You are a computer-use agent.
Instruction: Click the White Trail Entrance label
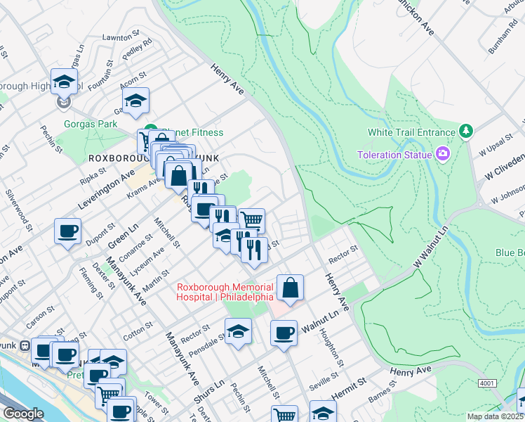(411, 132)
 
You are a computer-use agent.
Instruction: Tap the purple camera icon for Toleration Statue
(443, 153)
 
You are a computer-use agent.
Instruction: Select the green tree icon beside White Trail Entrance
(465, 132)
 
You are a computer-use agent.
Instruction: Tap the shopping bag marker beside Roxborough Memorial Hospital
(290, 287)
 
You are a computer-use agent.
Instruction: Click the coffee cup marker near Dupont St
(68, 231)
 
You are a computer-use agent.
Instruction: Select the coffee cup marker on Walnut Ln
(284, 333)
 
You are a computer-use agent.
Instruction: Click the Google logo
(23, 414)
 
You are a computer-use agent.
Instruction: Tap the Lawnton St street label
(117, 37)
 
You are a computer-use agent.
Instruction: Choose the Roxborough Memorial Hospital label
(225, 292)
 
